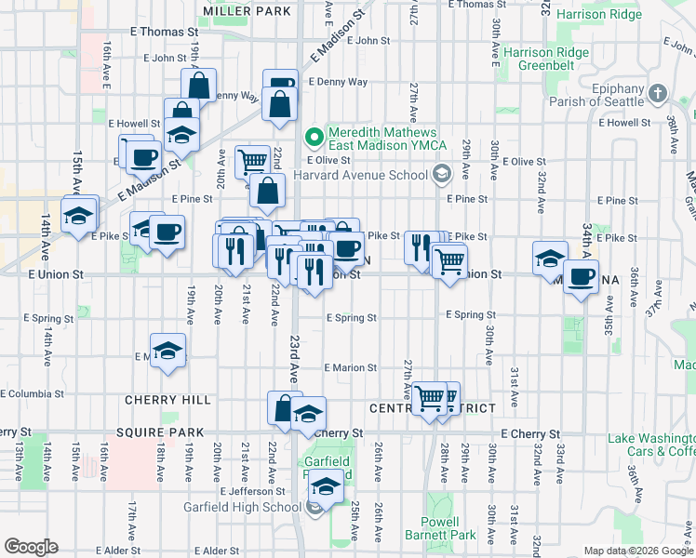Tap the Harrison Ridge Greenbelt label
546,59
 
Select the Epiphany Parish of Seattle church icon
658,93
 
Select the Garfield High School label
249,507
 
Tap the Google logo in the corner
32,547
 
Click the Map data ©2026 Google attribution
637,551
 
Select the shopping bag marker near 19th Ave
200,86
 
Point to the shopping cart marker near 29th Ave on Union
450,261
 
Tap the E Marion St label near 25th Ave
350,367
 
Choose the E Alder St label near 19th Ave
212,551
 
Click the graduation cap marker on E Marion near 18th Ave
168,351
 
